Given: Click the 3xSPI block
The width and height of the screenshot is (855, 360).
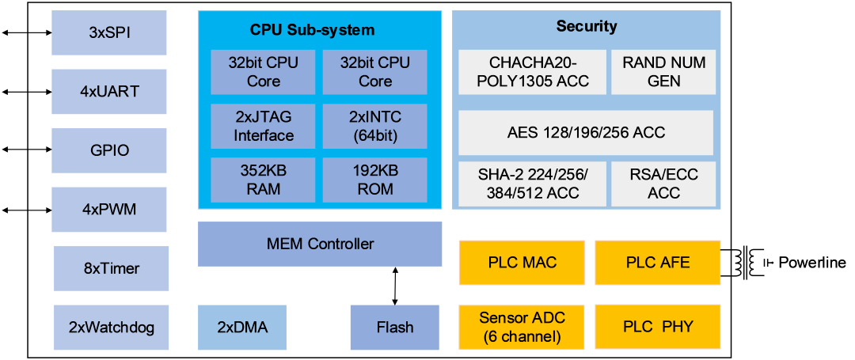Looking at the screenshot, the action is (x=109, y=32).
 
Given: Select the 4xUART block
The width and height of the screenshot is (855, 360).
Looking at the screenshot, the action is (x=109, y=92).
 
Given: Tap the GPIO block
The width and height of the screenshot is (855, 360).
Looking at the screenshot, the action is (x=109, y=150).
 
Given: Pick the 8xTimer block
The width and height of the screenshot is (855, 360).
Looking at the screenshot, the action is (x=112, y=268).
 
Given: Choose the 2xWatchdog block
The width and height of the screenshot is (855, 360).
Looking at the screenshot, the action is (x=112, y=328).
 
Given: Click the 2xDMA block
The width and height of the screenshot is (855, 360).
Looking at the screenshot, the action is (x=242, y=328).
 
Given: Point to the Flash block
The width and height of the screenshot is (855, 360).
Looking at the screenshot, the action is (x=395, y=328).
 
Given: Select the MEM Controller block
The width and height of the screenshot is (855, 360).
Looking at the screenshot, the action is (x=320, y=244).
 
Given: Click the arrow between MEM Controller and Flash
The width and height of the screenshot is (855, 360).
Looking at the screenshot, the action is (x=395, y=286).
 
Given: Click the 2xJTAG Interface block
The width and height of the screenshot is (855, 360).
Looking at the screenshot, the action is (x=264, y=127).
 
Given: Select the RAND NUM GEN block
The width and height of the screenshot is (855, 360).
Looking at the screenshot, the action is (x=663, y=72).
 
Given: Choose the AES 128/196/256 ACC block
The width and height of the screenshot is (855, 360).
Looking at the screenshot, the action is (x=586, y=133).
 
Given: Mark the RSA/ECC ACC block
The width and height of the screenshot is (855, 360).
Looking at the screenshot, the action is (x=663, y=184).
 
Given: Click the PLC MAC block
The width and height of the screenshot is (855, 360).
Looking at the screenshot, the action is (x=522, y=263).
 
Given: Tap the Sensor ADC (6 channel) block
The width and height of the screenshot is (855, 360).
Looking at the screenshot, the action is (x=522, y=328).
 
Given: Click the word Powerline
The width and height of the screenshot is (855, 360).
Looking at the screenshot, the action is (x=812, y=263).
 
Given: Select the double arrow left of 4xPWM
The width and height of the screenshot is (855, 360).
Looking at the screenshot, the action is (x=27, y=210).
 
